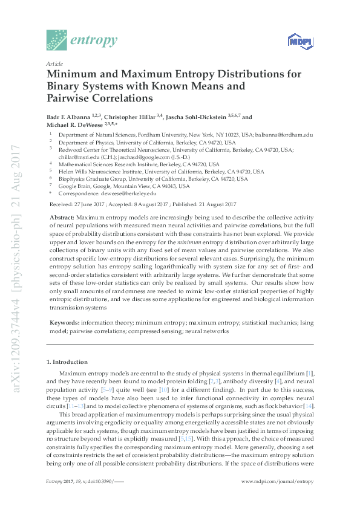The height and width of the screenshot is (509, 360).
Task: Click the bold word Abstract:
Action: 62,216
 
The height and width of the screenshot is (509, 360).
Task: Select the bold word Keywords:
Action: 64,323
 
